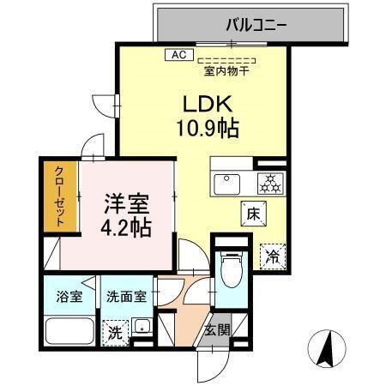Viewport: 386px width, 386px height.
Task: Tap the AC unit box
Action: pyautogui.click(x=178, y=54)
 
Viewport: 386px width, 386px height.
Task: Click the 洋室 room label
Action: pyautogui.click(x=128, y=207)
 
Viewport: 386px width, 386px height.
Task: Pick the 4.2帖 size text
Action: pyautogui.click(x=128, y=229)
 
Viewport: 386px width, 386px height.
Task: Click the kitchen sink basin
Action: pyautogui.click(x=230, y=182)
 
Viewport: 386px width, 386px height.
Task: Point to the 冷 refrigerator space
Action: pyautogui.click(x=272, y=253)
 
